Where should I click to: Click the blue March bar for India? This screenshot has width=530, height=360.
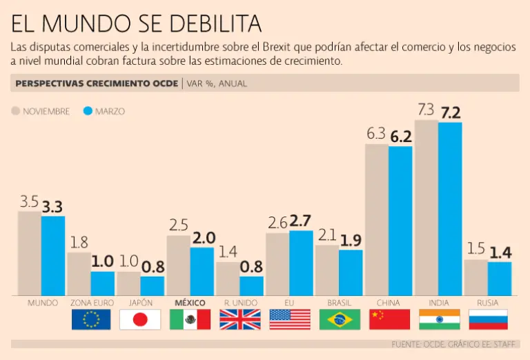click(450, 209)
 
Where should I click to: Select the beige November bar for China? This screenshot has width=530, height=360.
click(377, 219)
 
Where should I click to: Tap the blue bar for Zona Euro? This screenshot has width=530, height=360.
click(103, 283)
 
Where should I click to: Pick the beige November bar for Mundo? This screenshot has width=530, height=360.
click(29, 253)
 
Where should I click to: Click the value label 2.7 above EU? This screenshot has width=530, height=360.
click(301, 221)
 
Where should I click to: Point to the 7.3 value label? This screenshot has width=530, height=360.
click(426, 110)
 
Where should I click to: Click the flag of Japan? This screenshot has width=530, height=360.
click(140, 319)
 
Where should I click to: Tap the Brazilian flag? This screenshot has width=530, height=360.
click(340, 319)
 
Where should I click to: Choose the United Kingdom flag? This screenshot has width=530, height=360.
click(240, 319)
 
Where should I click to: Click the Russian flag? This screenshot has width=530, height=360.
click(488, 319)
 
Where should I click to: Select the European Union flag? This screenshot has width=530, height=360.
click(91, 319)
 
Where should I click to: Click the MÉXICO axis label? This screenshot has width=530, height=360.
click(190, 303)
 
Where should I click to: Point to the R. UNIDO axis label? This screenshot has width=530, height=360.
click(239, 303)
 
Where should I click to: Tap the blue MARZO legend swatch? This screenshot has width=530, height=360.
click(88, 111)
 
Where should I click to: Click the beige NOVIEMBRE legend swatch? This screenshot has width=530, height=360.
click(16, 111)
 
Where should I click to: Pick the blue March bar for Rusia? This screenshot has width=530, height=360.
click(500, 279)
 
